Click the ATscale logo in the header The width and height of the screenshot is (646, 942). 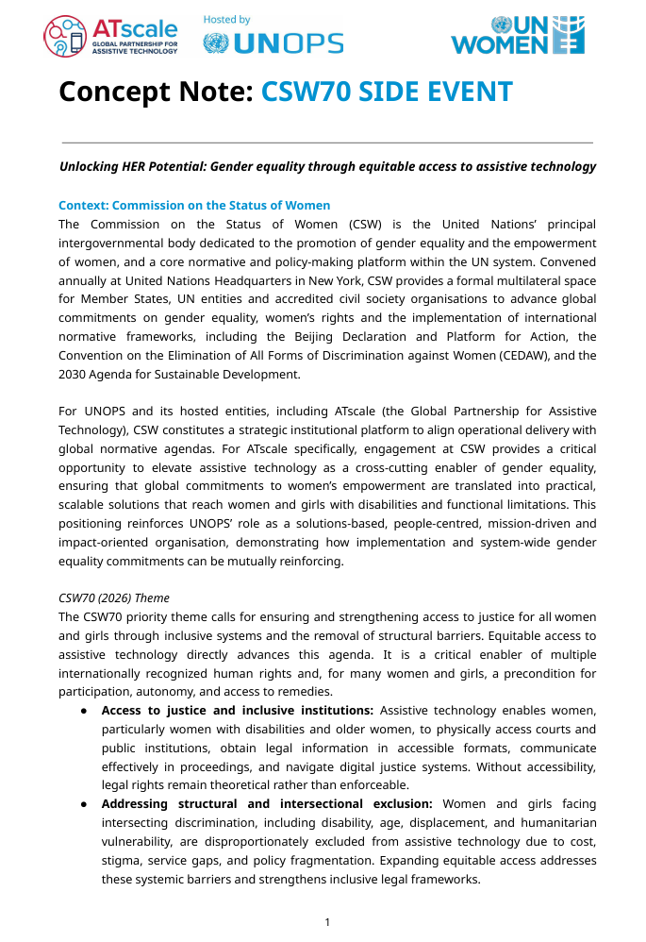click(x=110, y=37)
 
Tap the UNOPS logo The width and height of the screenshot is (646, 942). click(x=273, y=43)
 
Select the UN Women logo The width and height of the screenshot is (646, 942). click(x=518, y=36)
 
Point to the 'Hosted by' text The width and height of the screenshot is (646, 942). click(x=226, y=19)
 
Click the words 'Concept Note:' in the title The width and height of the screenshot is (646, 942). click(x=156, y=92)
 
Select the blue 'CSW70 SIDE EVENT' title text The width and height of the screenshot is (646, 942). click(x=387, y=92)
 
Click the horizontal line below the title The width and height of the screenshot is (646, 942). click(x=326, y=143)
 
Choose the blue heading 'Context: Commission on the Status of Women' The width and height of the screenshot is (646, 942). click(x=194, y=205)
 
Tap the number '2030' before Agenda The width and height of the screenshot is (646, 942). click(x=74, y=374)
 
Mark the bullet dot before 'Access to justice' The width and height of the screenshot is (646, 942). click(x=84, y=711)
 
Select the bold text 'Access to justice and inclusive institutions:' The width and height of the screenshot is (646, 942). click(x=238, y=710)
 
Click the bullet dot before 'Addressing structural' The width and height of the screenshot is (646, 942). click(x=84, y=804)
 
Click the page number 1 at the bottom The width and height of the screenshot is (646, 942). click(x=326, y=922)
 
